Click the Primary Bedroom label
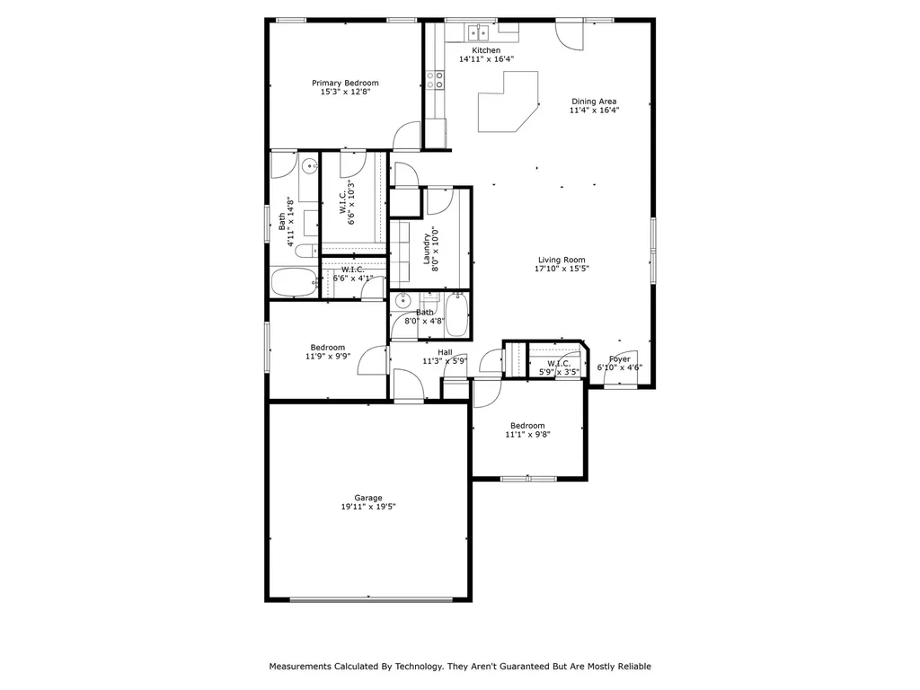pos(345,83)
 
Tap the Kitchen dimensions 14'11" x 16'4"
pos(486,59)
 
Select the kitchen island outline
pos(509,102)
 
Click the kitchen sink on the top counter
pos(479,32)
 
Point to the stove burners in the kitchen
pos(435,80)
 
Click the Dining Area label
pos(594,101)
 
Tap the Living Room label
pos(562,260)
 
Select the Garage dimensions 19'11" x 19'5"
pos(368,507)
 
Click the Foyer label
pos(620,359)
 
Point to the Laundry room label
pos(427,250)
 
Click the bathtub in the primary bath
pos(295,283)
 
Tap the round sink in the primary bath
pos(309,166)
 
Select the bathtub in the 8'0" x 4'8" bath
pos(457,315)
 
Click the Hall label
pos(445,352)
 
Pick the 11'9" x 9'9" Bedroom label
pos(327,348)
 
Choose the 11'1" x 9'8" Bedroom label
pos(527,425)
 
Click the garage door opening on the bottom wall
pos(371,599)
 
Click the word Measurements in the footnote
pos(300,667)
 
